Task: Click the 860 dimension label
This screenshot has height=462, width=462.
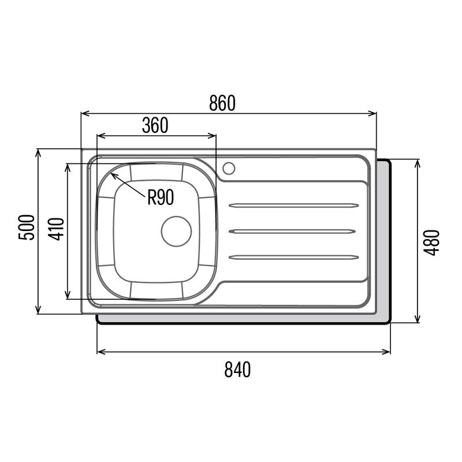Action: [222, 103]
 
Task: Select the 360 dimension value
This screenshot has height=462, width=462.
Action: [155, 125]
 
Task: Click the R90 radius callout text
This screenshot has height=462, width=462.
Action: [160, 198]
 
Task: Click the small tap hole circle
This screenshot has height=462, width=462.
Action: [229, 168]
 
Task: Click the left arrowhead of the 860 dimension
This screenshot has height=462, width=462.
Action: [84, 114]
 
